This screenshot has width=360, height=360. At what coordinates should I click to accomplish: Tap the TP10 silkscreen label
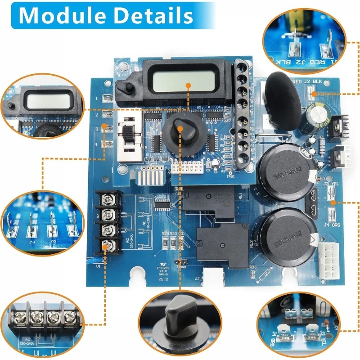click(x=230, y=176)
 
